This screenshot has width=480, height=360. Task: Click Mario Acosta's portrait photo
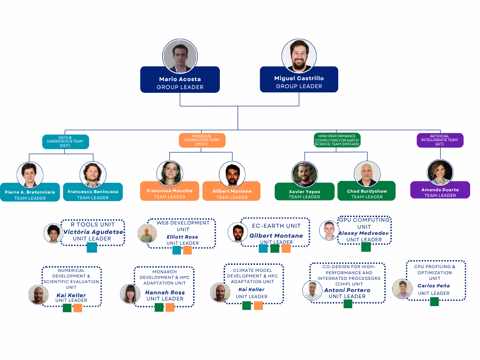coord(180,56)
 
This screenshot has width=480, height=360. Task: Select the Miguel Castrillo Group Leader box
coord(299,80)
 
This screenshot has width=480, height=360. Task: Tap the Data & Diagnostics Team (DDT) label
coord(65,142)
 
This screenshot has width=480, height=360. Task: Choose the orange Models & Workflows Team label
coord(202,140)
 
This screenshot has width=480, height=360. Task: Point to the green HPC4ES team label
coord(337,140)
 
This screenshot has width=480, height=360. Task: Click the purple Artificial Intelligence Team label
coord(440,140)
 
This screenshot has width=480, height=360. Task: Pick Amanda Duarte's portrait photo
coord(440,172)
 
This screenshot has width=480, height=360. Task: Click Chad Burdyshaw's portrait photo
coord(367,174)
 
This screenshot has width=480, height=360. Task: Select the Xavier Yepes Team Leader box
coord(305,192)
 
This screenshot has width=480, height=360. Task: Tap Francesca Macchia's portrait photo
coord(170,173)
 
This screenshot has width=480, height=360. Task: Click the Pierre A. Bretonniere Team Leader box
coord(30,192)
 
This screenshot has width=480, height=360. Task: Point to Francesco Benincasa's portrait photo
coord(93,174)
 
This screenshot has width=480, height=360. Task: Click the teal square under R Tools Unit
coord(92,247)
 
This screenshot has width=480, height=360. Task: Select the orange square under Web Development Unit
coord(187,250)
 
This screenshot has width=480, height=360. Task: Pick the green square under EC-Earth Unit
coord(275,248)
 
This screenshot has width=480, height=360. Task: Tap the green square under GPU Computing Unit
coord(366,247)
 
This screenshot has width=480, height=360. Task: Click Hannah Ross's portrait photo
coord(130,294)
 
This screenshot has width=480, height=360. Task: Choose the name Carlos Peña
coord(434,285)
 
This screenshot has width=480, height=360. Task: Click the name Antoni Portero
coord(347,290)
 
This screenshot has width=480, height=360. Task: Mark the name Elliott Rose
coord(182,237)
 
